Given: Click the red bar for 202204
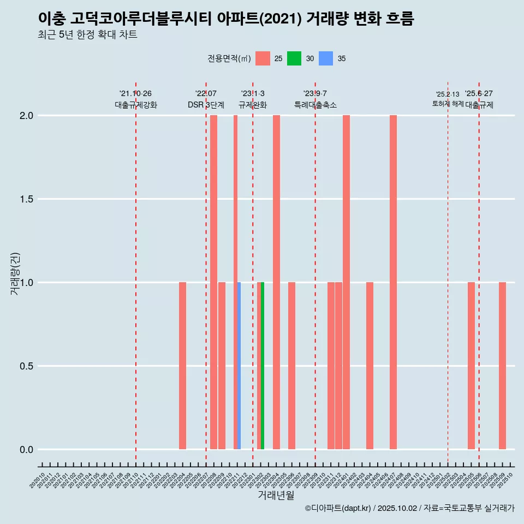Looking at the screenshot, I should coord(182,366).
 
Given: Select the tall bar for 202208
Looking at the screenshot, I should coord(213,282).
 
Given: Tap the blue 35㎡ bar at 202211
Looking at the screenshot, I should coord(239,366).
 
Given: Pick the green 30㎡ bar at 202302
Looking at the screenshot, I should coord(263,366).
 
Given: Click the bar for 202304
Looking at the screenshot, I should coord(276,282).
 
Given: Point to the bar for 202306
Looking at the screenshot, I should coord(291,366).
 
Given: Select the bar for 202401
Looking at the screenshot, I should coord(346,282).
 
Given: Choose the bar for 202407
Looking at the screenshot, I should coord(393,282).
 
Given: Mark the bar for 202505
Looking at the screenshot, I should coord(471,366).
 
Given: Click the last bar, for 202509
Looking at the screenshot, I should coord(502,366).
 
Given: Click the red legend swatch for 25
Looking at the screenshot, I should coord(263,58).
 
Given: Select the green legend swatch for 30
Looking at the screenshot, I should coord(294,58).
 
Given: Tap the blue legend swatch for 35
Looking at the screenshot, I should coord(326,58).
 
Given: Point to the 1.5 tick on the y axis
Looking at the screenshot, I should coord(25,199).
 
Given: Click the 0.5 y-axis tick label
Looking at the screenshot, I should coord(25,366).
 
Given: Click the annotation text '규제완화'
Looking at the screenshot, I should coord(253,105).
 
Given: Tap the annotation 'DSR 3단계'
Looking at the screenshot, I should coord(206,105).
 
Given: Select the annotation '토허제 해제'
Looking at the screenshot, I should coord(448,104).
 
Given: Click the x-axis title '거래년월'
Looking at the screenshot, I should coord(276,496).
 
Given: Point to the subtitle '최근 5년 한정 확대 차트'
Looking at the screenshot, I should coord(87,35).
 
